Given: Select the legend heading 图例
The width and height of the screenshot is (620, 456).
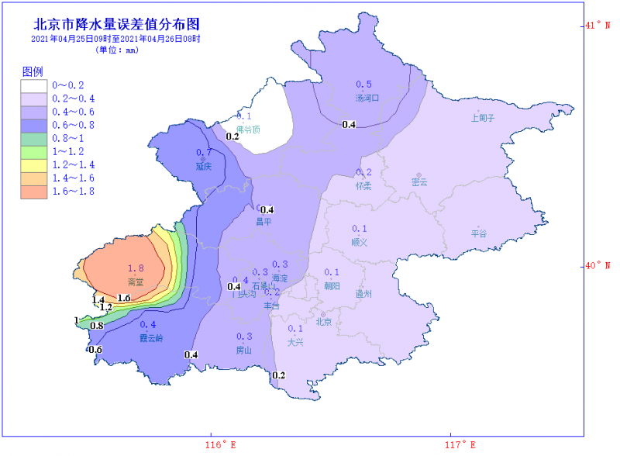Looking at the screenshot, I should pos(32,71).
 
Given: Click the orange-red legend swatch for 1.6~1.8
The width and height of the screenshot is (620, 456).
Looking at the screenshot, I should pos(34,192).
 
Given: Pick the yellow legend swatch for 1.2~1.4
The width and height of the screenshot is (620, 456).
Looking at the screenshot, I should pos(34,165).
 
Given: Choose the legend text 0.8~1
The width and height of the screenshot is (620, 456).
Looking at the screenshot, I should pos(67,139).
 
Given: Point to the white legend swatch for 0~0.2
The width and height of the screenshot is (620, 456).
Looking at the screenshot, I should pos(34,85).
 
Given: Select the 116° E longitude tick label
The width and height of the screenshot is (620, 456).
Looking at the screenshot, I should pos(220,444).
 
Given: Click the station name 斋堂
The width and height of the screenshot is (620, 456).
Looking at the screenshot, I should pos(136,282).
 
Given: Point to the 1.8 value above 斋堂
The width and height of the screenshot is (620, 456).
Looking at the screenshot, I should pos(136,268).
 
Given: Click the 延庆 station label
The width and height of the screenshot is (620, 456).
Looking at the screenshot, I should pos(204,166).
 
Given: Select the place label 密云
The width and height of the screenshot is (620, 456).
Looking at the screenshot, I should pos(419,182).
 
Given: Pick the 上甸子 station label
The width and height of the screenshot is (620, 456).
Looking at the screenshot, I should pos(482,118).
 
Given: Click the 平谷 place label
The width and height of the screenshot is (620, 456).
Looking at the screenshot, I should pos(479,233).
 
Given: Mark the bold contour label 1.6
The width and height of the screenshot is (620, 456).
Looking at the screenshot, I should pos(123,298).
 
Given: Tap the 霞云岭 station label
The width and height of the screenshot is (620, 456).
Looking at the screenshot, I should pos(151,338).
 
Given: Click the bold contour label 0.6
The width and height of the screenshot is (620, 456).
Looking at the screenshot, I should pos(95,350).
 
